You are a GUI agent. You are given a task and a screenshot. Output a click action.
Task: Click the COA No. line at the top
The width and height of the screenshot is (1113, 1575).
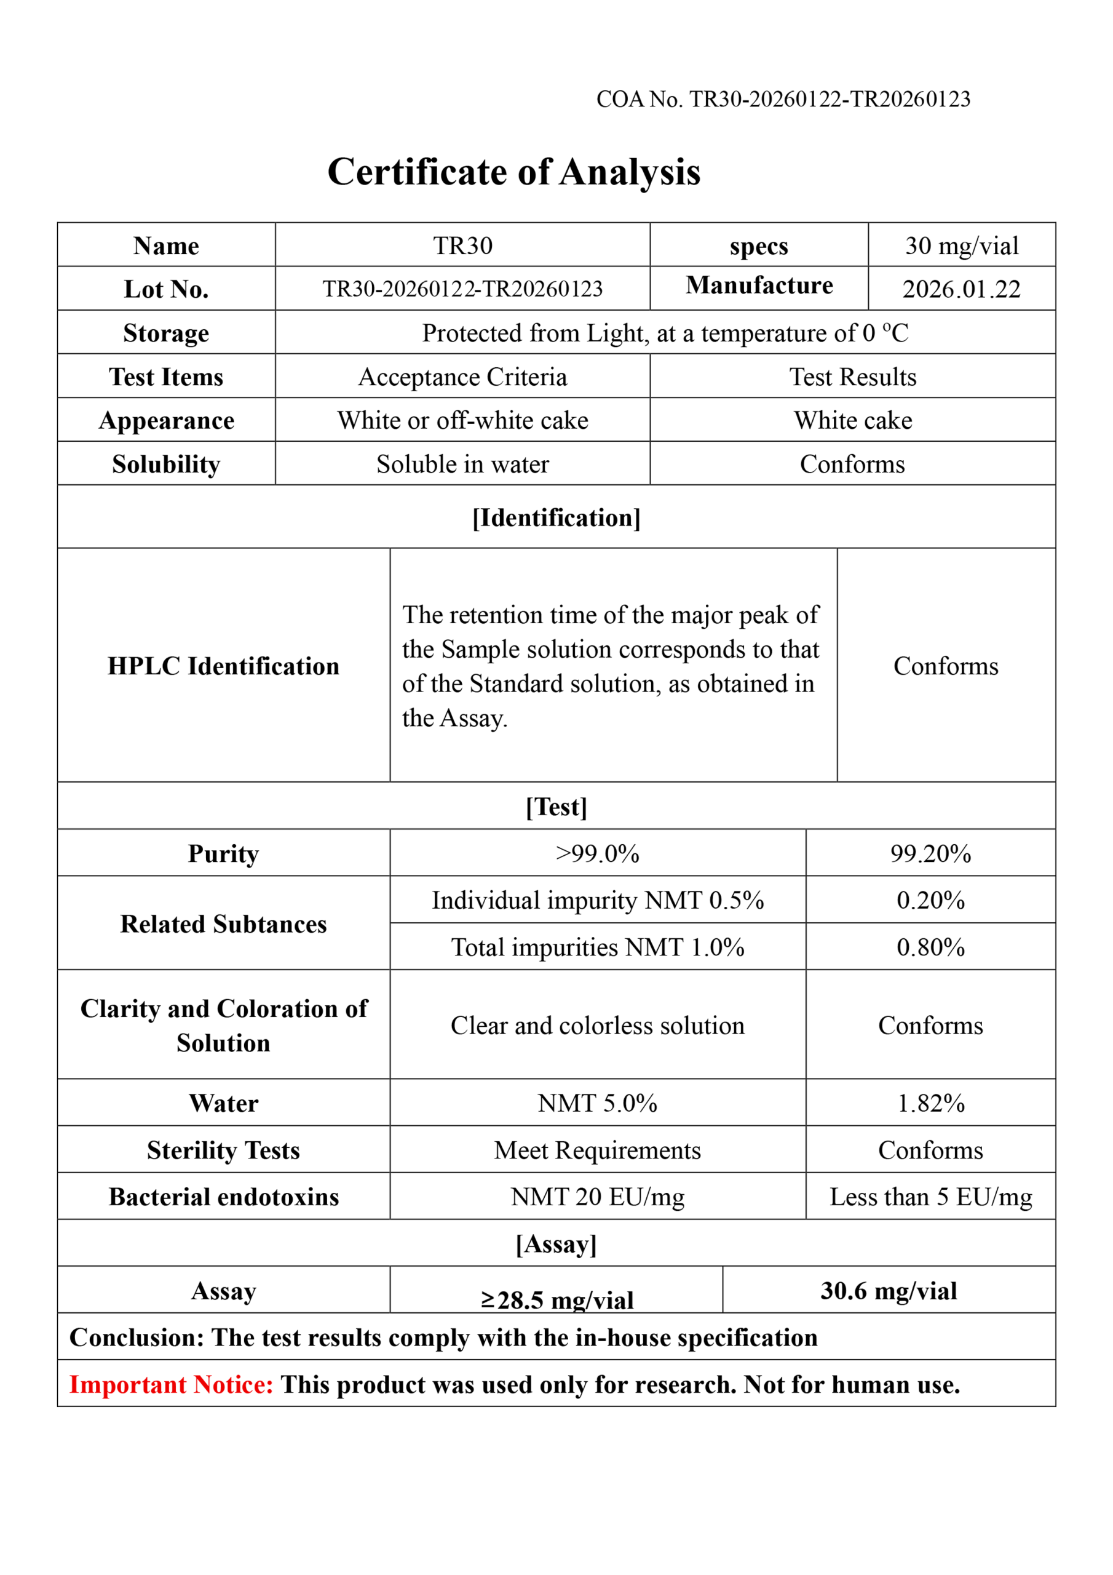tap(783, 100)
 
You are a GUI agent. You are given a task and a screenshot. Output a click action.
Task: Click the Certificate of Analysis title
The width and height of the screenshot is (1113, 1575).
tap(513, 172)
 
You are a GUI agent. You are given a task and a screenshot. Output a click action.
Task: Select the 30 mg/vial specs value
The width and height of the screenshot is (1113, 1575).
tap(962, 245)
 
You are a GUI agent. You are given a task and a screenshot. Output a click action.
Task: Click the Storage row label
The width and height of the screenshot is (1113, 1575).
tap(166, 333)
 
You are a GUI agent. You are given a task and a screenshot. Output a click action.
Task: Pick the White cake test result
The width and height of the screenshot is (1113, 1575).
tap(852, 420)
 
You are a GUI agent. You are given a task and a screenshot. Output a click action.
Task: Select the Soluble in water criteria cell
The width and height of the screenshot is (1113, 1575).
tap(462, 465)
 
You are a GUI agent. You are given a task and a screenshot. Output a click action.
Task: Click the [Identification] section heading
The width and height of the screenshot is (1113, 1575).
tap(556, 518)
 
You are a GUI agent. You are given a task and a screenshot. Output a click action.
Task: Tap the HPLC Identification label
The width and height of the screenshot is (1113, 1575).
tap(224, 666)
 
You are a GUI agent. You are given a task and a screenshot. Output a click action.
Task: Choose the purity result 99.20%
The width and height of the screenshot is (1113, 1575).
tap(930, 853)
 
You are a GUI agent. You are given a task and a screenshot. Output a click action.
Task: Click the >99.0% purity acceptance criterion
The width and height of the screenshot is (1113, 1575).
tap(597, 853)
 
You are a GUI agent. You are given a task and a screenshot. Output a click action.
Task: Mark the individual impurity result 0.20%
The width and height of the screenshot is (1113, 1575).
tap(930, 900)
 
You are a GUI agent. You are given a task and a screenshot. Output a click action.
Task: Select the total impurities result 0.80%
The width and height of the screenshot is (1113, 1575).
tap(930, 947)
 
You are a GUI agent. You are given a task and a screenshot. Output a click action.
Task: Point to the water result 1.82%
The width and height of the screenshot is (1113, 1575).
tap(930, 1103)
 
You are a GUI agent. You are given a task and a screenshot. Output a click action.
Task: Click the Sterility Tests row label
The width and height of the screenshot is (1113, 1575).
tap(224, 1150)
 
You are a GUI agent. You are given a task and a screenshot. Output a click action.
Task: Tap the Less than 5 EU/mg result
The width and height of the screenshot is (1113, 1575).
tap(930, 1197)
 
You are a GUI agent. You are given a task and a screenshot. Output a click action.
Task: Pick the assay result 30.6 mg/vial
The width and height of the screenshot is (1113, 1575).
tap(888, 1291)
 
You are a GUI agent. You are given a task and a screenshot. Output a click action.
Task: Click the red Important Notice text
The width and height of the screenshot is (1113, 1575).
tap(172, 1384)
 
